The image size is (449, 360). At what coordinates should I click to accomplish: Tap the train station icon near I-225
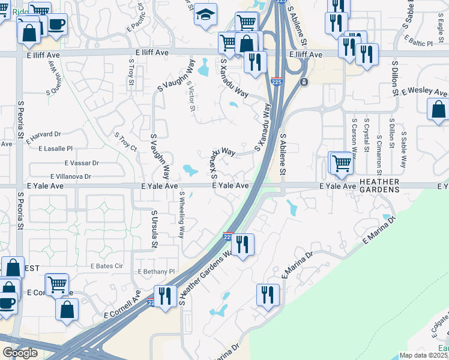[x=304, y=82]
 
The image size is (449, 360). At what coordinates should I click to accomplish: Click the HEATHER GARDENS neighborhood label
[x=379, y=185]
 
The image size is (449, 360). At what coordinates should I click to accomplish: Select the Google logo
[x=20, y=353]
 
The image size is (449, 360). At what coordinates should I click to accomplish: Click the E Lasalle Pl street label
[x=55, y=148]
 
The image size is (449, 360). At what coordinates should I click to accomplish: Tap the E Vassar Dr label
[x=82, y=163]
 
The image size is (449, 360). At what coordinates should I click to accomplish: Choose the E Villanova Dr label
[x=70, y=176]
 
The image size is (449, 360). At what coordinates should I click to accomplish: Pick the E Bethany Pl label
[x=155, y=272]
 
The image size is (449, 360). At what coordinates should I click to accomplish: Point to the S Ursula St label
[x=154, y=229]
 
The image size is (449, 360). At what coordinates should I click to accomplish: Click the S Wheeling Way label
[x=181, y=215]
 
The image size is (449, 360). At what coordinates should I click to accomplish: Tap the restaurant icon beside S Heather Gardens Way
[x=242, y=245]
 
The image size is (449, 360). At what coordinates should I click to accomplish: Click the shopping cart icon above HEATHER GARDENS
[x=341, y=163]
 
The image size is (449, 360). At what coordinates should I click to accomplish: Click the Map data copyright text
[x=424, y=355]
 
